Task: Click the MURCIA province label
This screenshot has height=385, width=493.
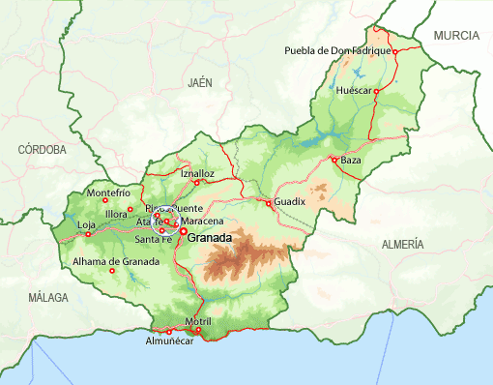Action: pos(456,35)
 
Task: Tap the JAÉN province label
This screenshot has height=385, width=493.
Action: pos(200,83)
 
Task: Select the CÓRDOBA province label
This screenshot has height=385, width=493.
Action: pos(43,150)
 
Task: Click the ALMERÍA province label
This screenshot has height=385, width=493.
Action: pos(403,244)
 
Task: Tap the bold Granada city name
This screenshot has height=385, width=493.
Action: pos(211,237)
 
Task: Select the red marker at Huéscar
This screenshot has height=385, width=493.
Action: pos(377,89)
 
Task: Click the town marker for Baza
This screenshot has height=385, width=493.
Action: pos(333,160)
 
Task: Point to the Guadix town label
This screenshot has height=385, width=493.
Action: pos(290,201)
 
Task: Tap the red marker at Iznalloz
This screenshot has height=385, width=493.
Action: pos(197,182)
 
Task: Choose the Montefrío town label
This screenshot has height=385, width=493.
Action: pos(108,192)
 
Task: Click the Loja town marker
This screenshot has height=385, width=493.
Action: pos(88,233)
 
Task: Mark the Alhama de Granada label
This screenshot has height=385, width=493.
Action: pos(115,261)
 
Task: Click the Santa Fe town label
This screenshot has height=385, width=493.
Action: pos(153,239)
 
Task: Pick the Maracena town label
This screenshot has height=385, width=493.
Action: pos(202,222)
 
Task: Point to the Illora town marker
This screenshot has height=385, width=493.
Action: pos(130,209)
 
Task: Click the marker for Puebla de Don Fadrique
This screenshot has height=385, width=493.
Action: pos(394,51)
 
